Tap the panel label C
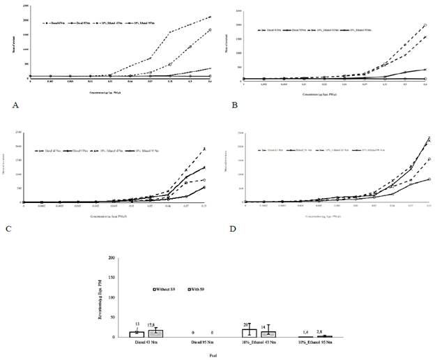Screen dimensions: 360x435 click(x=14, y=226)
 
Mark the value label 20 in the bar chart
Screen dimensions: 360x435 click(x=247, y=324)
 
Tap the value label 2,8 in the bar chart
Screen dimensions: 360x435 click(x=320, y=333)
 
